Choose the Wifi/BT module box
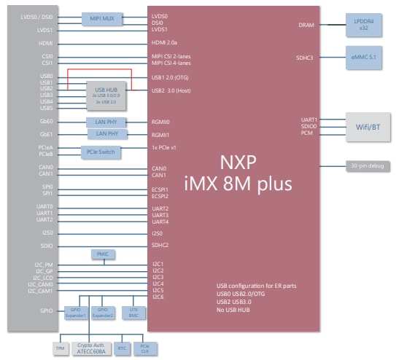366,127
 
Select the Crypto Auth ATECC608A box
91,348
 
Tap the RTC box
123,348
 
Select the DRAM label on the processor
306,25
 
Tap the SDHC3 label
304,58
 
